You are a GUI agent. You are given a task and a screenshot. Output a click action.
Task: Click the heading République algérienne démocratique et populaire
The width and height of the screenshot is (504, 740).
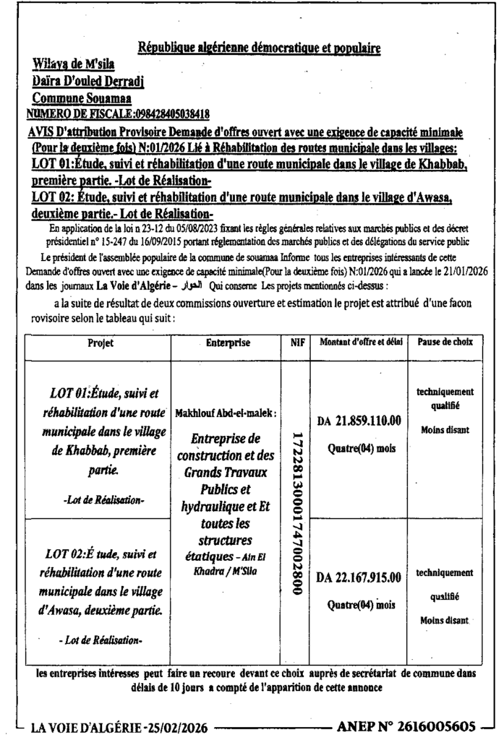click(260, 49)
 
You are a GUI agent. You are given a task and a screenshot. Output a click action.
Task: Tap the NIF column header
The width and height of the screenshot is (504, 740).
click(295, 343)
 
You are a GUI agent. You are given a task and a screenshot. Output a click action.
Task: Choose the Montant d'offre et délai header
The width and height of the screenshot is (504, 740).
click(359, 343)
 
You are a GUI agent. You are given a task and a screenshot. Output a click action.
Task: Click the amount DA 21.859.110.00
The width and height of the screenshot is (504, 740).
click(360, 421)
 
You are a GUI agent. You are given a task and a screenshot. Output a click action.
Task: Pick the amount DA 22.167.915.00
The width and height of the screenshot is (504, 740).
click(359, 576)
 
